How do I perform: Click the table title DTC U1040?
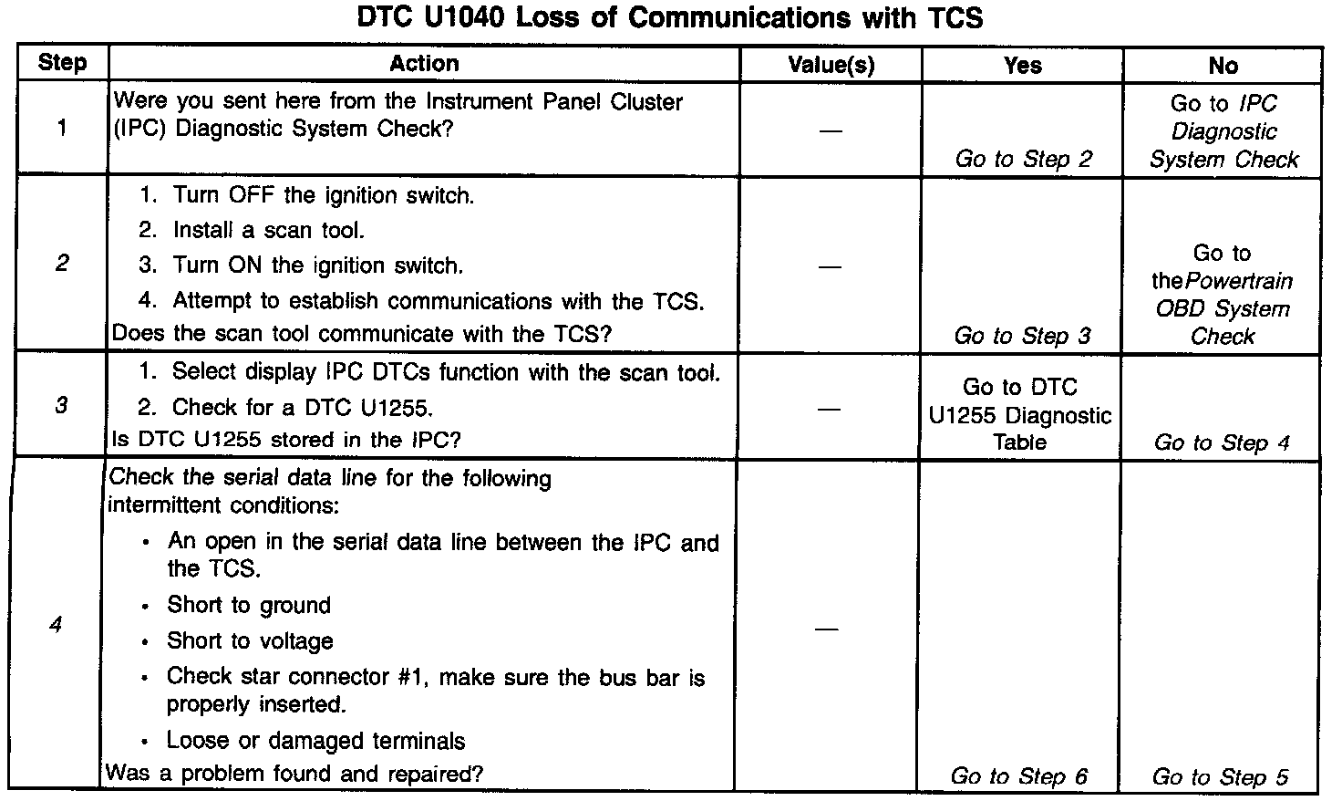point(670,19)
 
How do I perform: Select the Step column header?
point(63,63)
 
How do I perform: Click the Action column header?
point(424,63)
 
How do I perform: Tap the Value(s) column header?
point(831,65)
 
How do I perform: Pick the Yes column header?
point(1022,65)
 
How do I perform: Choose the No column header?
point(1223,65)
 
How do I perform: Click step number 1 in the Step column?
point(61,128)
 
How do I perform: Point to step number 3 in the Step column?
point(60,405)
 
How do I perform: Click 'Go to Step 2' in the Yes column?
point(1023,159)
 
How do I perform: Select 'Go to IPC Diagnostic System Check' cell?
point(1223,131)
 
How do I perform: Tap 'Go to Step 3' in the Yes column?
point(1022,336)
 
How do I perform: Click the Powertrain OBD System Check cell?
point(1223,295)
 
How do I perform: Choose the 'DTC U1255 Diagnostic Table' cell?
point(1020,415)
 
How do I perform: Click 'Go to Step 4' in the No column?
point(1222,443)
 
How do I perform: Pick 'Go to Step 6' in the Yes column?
point(1019,776)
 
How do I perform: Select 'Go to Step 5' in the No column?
point(1220,777)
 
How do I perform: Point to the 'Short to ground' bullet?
point(249,605)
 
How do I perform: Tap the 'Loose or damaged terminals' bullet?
point(315,741)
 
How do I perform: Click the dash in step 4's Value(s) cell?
point(827,629)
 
